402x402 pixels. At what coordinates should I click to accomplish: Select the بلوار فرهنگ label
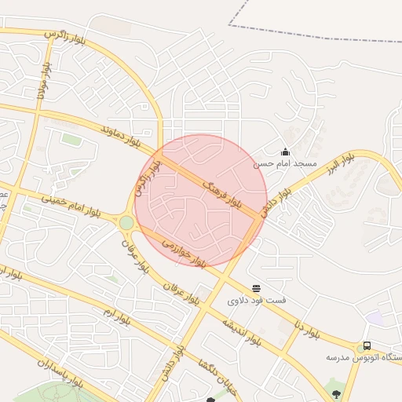click(221, 192)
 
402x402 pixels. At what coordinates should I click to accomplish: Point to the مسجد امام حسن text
click(285, 165)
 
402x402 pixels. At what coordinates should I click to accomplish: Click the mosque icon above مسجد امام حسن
click(285, 152)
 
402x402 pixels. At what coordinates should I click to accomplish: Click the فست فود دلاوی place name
click(257, 301)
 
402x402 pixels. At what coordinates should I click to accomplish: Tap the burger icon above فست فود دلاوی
click(257, 288)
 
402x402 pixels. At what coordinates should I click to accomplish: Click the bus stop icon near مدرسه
click(367, 345)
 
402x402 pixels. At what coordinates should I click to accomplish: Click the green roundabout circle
click(126, 223)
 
